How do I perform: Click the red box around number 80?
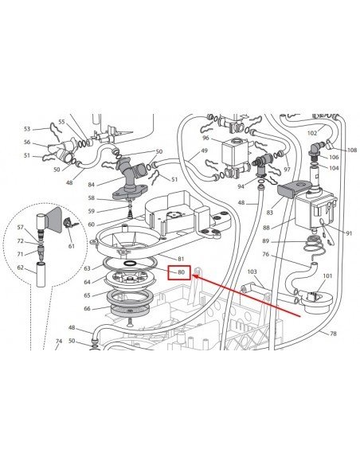(x=179, y=272)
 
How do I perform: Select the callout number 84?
(x=91, y=185)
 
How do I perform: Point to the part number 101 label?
(x=327, y=275)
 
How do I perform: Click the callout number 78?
(x=333, y=334)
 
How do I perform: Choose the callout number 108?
(x=352, y=150)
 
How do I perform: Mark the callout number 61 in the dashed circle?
(x=72, y=246)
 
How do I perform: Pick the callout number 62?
(x=20, y=268)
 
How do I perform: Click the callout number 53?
(x=27, y=129)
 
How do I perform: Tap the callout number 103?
(x=252, y=272)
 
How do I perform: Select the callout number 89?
(x=266, y=241)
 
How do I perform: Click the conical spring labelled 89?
(x=311, y=244)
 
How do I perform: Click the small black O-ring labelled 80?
(x=130, y=264)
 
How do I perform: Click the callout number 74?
(x=59, y=341)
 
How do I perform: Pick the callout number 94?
(x=241, y=186)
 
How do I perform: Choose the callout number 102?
(x=312, y=133)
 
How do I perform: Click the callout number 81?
(x=181, y=259)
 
